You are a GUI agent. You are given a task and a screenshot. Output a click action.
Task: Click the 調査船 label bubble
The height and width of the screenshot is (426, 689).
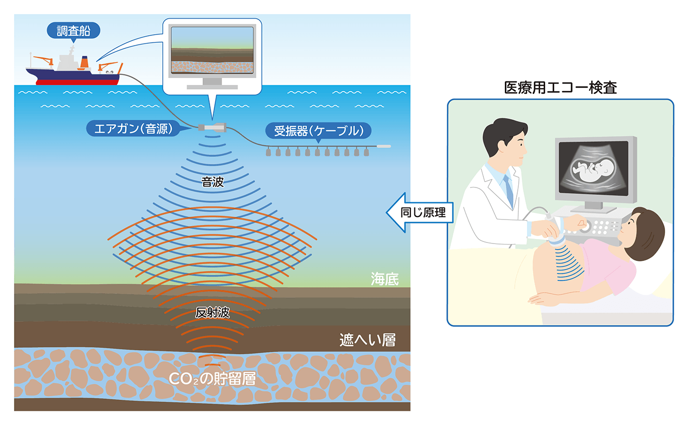coord(73,31)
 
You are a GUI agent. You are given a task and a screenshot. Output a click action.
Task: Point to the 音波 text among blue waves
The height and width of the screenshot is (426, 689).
coord(212,182)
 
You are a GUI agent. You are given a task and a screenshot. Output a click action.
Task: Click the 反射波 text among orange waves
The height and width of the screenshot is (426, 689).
coord(212,313)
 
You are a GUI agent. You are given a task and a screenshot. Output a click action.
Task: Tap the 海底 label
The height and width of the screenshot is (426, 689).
coord(384,278)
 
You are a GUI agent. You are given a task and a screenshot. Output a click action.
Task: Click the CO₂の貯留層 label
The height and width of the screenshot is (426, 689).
coord(212,379)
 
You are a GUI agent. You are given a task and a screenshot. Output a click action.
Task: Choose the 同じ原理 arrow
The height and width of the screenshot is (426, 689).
coord(419,212)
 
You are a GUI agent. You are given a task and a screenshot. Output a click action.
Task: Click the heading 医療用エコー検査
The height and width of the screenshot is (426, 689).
coord(561,88)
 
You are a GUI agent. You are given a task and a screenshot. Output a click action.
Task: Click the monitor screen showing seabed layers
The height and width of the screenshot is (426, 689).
coord(212,50)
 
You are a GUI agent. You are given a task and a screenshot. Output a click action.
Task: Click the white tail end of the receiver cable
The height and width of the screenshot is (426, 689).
coord(383,146)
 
